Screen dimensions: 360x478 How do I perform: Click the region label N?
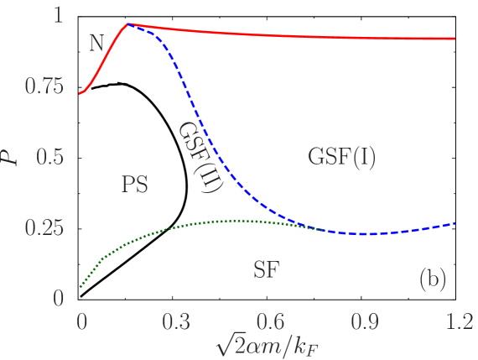[98, 44]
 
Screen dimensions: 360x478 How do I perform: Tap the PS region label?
[135, 184]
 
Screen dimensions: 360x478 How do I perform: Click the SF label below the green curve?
[266, 269]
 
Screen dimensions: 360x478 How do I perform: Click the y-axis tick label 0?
[59, 298]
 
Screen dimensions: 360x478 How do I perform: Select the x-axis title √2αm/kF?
[268, 345]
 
